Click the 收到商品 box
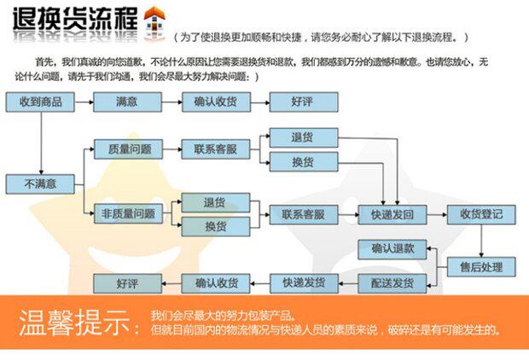tap(39, 102)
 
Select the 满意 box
tap(127, 102)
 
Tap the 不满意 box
tap(39, 183)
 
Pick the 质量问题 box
tap(128, 149)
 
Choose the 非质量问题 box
tap(128, 213)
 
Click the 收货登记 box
tap(481, 214)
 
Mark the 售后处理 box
tap(481, 267)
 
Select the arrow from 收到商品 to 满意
tap(84, 102)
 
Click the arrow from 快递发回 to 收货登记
tap(436, 214)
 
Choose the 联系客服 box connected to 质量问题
tap(216, 149)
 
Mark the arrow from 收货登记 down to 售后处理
tap(481, 241)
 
